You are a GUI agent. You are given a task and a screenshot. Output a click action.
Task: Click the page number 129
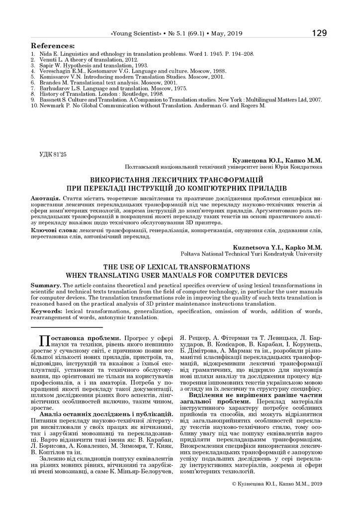(319, 33)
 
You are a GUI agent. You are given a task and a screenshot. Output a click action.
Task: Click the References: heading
(53, 46)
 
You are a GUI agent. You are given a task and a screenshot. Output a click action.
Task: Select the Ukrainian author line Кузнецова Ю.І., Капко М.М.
(277, 161)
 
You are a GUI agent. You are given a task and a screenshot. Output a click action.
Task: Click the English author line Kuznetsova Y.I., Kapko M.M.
(277, 247)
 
